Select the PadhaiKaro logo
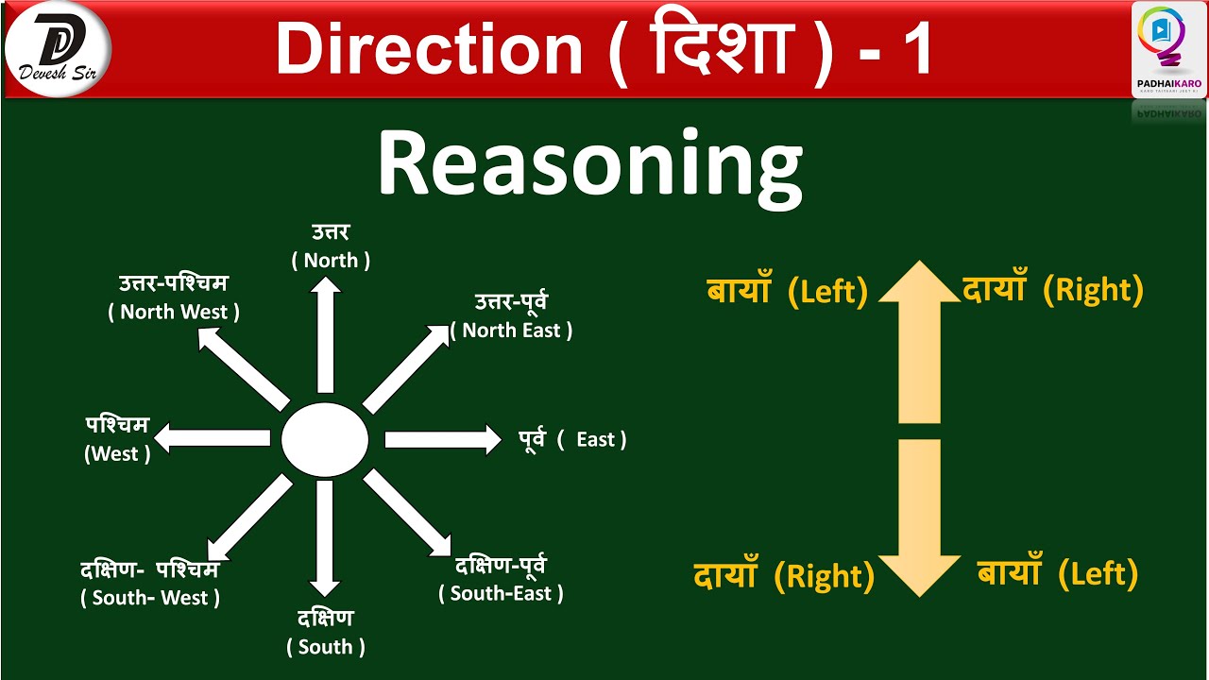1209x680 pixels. click(1168, 48)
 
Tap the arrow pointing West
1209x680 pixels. click(213, 437)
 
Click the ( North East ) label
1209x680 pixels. click(511, 331)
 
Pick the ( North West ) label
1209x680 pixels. click(174, 312)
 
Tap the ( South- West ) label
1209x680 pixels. click(150, 598)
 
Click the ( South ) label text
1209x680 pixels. click(326, 647)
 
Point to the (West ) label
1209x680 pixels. click(117, 453)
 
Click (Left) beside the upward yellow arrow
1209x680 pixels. click(827, 292)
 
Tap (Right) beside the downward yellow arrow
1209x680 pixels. click(824, 576)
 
